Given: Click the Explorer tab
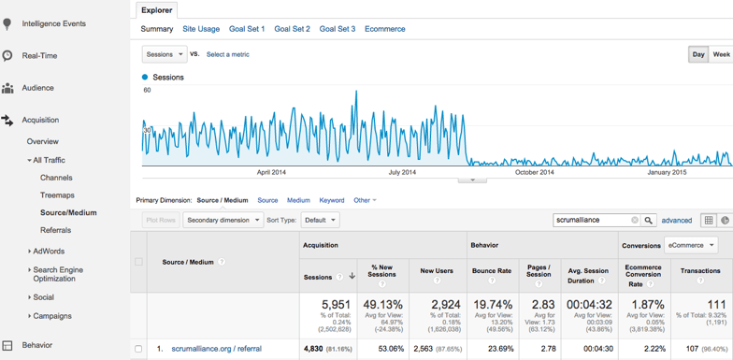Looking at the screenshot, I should click(156, 10).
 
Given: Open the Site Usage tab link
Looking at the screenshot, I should click(201, 29).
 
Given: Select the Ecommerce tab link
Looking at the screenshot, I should click(384, 29).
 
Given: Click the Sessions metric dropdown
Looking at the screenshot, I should click(165, 54).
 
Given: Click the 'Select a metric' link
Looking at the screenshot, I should click(227, 54).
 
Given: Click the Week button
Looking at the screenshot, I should click(721, 54).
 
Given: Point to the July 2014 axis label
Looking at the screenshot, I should click(402, 172).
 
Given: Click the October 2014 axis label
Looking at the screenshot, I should click(534, 172).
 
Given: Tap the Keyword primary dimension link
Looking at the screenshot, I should click(331, 200).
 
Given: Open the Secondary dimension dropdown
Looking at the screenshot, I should click(223, 220).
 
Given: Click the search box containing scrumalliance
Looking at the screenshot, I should click(592, 221).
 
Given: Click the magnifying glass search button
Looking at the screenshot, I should click(649, 221).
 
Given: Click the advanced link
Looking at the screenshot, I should click(677, 221).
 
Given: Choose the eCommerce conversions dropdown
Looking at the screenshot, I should click(691, 245).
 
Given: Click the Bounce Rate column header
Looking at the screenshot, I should click(491, 270).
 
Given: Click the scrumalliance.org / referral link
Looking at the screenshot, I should click(216, 349).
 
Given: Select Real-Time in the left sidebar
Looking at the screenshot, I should click(39, 56).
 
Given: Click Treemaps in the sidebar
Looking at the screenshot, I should click(57, 195).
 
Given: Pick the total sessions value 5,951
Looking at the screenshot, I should click(336, 305).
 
